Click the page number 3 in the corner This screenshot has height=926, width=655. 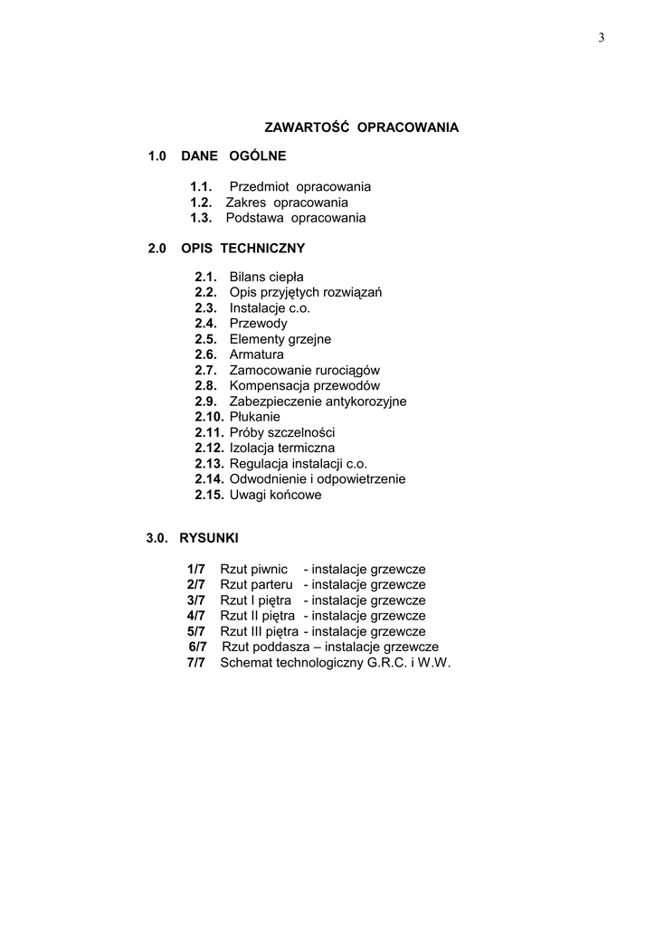(x=602, y=37)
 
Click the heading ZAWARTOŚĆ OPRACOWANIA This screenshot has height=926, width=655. (x=361, y=128)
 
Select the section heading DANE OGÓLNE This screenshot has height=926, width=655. (x=233, y=156)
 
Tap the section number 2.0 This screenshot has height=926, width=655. (x=157, y=248)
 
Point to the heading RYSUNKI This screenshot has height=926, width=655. (x=209, y=538)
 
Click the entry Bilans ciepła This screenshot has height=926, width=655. (x=266, y=277)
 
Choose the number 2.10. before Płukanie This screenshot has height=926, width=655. (x=209, y=417)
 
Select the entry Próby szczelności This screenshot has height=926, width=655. (x=282, y=433)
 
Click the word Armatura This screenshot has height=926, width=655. (x=256, y=354)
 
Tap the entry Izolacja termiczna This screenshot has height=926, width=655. (x=282, y=449)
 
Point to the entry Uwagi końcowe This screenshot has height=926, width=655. (x=275, y=496)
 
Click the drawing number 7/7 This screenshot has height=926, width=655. (x=196, y=663)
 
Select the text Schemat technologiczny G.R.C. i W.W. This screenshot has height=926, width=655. (x=336, y=663)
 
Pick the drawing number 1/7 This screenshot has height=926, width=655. (x=196, y=569)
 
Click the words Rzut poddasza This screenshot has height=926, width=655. (x=261, y=647)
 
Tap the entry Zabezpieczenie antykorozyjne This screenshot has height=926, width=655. (x=318, y=402)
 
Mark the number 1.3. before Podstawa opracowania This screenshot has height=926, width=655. (x=201, y=218)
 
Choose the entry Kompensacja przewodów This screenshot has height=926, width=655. (x=304, y=386)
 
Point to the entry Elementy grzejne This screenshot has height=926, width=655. (x=280, y=339)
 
